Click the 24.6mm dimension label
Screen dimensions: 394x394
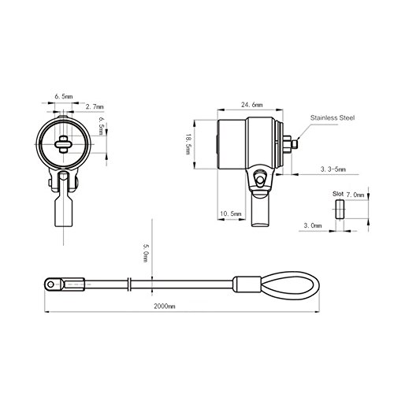251,105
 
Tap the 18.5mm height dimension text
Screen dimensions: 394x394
188,144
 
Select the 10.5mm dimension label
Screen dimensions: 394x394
230,214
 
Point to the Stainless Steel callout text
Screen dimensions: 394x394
333,117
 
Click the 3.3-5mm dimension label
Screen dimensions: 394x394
333,169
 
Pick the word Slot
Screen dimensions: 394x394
338,194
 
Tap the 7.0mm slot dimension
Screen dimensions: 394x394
355,195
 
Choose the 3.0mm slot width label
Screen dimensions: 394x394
313,225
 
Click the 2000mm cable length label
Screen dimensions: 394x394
164,306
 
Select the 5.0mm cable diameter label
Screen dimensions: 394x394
145,253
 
